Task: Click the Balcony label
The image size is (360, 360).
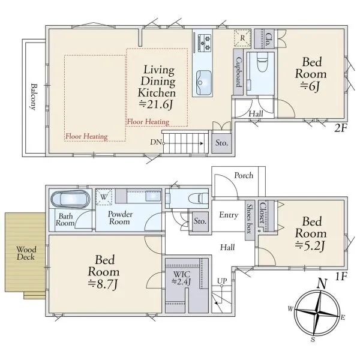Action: pyautogui.click(x=34, y=97)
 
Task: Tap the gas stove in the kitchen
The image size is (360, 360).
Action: pyautogui.click(x=205, y=43)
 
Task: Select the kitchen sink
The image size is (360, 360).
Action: pyautogui.click(x=204, y=83)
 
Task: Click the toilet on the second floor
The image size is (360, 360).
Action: pyautogui.click(x=262, y=62)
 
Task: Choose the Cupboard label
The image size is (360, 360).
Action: pyautogui.click(x=239, y=72)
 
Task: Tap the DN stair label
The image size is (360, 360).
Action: pyautogui.click(x=156, y=142)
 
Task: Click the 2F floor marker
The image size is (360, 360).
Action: pyautogui.click(x=340, y=128)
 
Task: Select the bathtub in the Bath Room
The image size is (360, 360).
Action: pyautogui.click(x=70, y=199)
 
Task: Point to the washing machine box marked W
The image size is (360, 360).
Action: pyautogui.click(x=104, y=197)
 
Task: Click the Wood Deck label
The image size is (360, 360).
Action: pyautogui.click(x=26, y=253)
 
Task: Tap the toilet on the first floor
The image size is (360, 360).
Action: pyautogui.click(x=198, y=198)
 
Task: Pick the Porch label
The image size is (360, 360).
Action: pyautogui.click(x=244, y=175)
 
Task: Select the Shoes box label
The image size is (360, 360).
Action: pyautogui.click(x=250, y=218)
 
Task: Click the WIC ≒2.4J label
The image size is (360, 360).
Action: pyautogui.click(x=182, y=278)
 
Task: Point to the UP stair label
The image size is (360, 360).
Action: pyautogui.click(x=222, y=281)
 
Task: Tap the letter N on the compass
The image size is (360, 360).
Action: pyautogui.click(x=322, y=284)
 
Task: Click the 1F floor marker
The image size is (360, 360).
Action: pyautogui.click(x=341, y=277)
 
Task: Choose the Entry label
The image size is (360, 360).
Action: pyautogui.click(x=229, y=215)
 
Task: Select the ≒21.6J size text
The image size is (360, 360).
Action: pyautogui.click(x=156, y=104)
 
